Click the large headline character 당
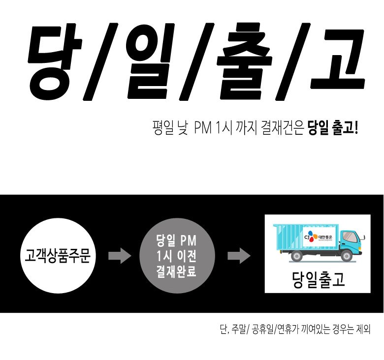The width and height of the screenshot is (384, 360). click(x=54, y=61)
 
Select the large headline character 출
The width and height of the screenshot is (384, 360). click(x=244, y=61)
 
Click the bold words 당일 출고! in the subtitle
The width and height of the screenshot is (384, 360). click(x=333, y=128)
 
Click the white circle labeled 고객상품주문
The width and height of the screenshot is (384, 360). click(x=57, y=256)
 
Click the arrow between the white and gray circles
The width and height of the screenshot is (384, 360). click(x=120, y=256)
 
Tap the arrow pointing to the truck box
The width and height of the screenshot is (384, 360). click(x=239, y=256)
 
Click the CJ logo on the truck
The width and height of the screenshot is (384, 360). click(x=310, y=237)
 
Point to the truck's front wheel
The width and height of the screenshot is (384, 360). click(x=347, y=255)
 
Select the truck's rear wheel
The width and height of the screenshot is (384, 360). click(x=297, y=255)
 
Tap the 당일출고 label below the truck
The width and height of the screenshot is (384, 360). click(x=319, y=279)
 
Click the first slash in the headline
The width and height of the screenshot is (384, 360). click(x=100, y=61)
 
